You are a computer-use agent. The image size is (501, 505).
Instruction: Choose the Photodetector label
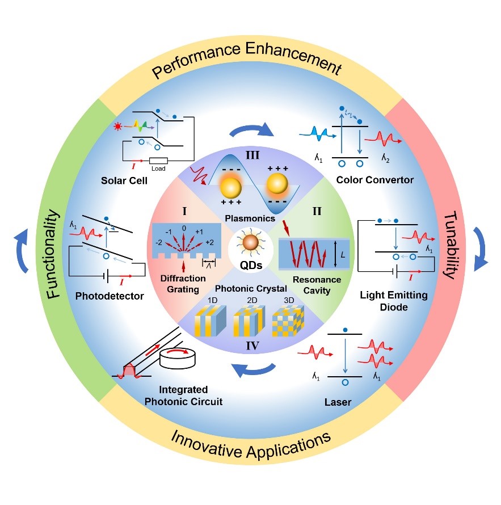click(107, 296)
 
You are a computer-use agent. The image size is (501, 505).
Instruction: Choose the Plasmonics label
click(250, 218)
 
